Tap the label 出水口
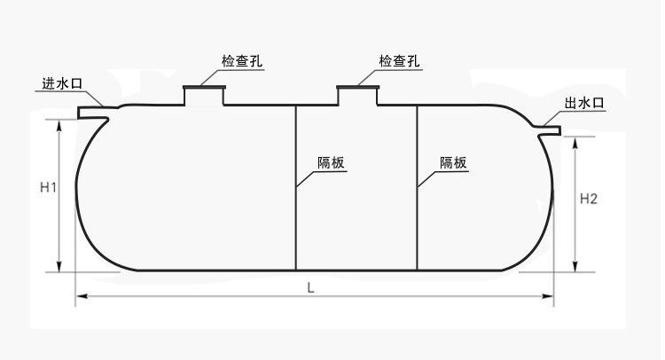point(584,104)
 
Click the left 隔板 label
point(331,162)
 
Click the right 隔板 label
point(453,162)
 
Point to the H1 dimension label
point(49,188)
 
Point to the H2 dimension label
point(589,200)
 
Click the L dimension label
point(309,287)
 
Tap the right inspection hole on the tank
point(358,95)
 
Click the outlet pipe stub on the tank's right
point(550,131)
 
